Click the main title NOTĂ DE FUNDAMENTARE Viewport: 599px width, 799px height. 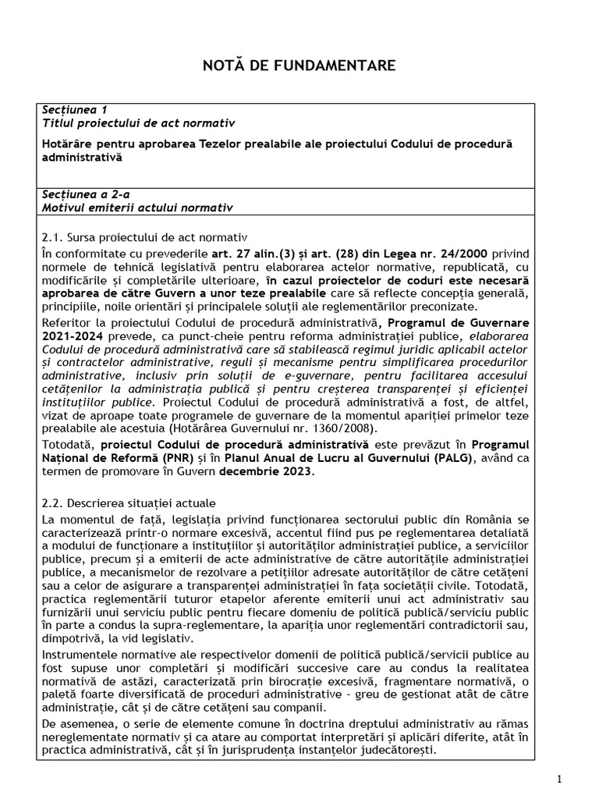299,66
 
